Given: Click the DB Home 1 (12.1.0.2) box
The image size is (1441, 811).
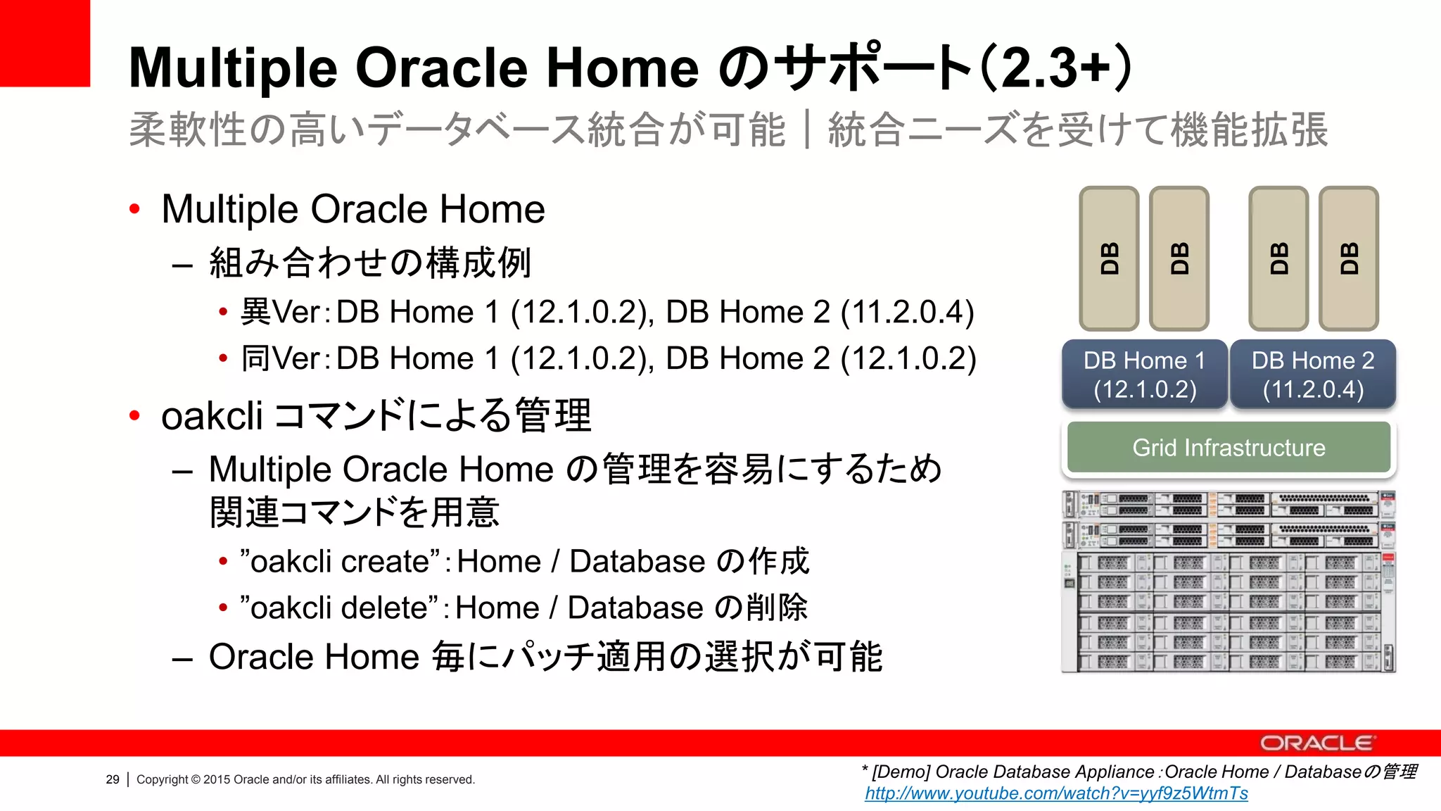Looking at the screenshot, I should click(x=1145, y=374).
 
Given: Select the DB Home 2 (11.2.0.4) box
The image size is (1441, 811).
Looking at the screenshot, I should click(x=1313, y=374).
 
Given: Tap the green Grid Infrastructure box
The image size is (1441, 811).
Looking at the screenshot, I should click(x=1229, y=448).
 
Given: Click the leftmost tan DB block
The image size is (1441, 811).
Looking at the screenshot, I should click(x=1109, y=258).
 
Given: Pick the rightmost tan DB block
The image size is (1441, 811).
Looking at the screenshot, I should click(x=1349, y=258).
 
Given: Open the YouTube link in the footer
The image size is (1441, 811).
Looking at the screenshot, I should click(x=1056, y=793).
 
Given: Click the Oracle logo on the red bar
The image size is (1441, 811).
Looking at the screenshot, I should click(x=1316, y=743).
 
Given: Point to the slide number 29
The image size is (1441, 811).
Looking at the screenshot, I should click(x=113, y=779).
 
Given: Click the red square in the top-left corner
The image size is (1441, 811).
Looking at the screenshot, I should click(x=44, y=42).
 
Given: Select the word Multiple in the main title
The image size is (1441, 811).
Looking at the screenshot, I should click(x=233, y=68).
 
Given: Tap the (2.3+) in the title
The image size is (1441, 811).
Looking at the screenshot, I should click(x=1055, y=68).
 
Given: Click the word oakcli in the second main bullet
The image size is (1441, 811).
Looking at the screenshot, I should click(x=212, y=415).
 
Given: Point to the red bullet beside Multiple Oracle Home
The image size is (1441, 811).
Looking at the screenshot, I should click(x=135, y=209).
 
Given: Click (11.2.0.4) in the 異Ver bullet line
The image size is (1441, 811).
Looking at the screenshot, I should click(x=908, y=312).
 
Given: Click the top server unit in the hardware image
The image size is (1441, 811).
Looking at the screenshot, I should click(x=1229, y=505).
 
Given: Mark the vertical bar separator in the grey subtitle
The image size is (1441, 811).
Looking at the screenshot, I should click(x=807, y=130).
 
